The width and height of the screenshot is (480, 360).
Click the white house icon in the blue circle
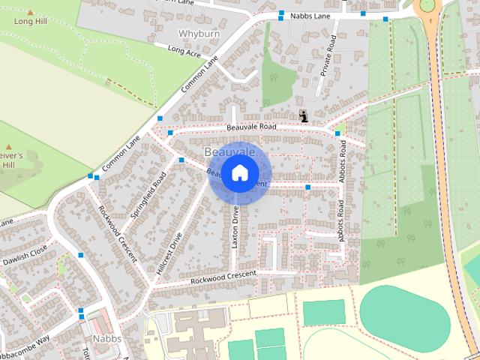click(x=239, y=173)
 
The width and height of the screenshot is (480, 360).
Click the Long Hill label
click(x=30, y=22)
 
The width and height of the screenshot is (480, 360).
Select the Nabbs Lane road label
click(x=311, y=15)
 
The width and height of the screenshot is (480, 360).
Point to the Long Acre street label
click(x=184, y=51)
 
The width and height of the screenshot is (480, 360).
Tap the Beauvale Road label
click(x=250, y=127)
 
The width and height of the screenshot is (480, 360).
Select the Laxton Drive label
click(x=235, y=227)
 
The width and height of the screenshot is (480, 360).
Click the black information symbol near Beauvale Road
click(x=303, y=115)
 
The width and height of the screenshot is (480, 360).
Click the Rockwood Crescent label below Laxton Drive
click(x=223, y=277)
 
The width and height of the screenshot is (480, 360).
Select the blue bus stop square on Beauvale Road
click(x=337, y=133)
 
